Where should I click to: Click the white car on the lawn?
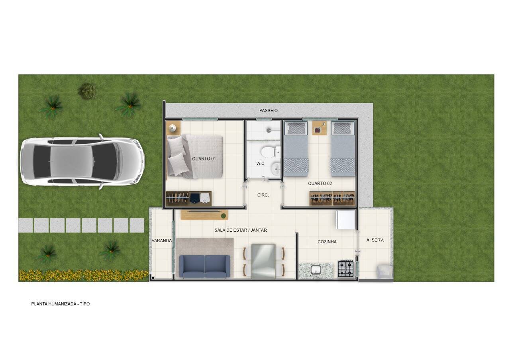(82, 161)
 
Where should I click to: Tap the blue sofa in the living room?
(205, 266)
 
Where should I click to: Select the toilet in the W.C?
(270, 152)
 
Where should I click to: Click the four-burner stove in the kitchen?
(345, 269)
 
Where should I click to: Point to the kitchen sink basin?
(316, 270)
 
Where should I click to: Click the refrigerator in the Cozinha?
(345, 219)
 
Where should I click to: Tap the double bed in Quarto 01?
(195, 157)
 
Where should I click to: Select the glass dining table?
(263, 262)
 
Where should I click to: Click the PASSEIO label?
(269, 110)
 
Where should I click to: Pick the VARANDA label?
(162, 241)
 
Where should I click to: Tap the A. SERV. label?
(375, 240)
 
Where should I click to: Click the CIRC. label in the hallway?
(263, 195)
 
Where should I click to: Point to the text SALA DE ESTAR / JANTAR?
(241, 230)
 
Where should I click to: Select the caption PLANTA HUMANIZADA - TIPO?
(61, 304)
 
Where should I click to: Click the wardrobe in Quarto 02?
(332, 198)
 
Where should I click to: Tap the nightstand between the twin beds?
(319, 128)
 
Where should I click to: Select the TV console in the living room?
(204, 215)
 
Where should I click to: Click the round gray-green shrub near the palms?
(87, 91)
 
